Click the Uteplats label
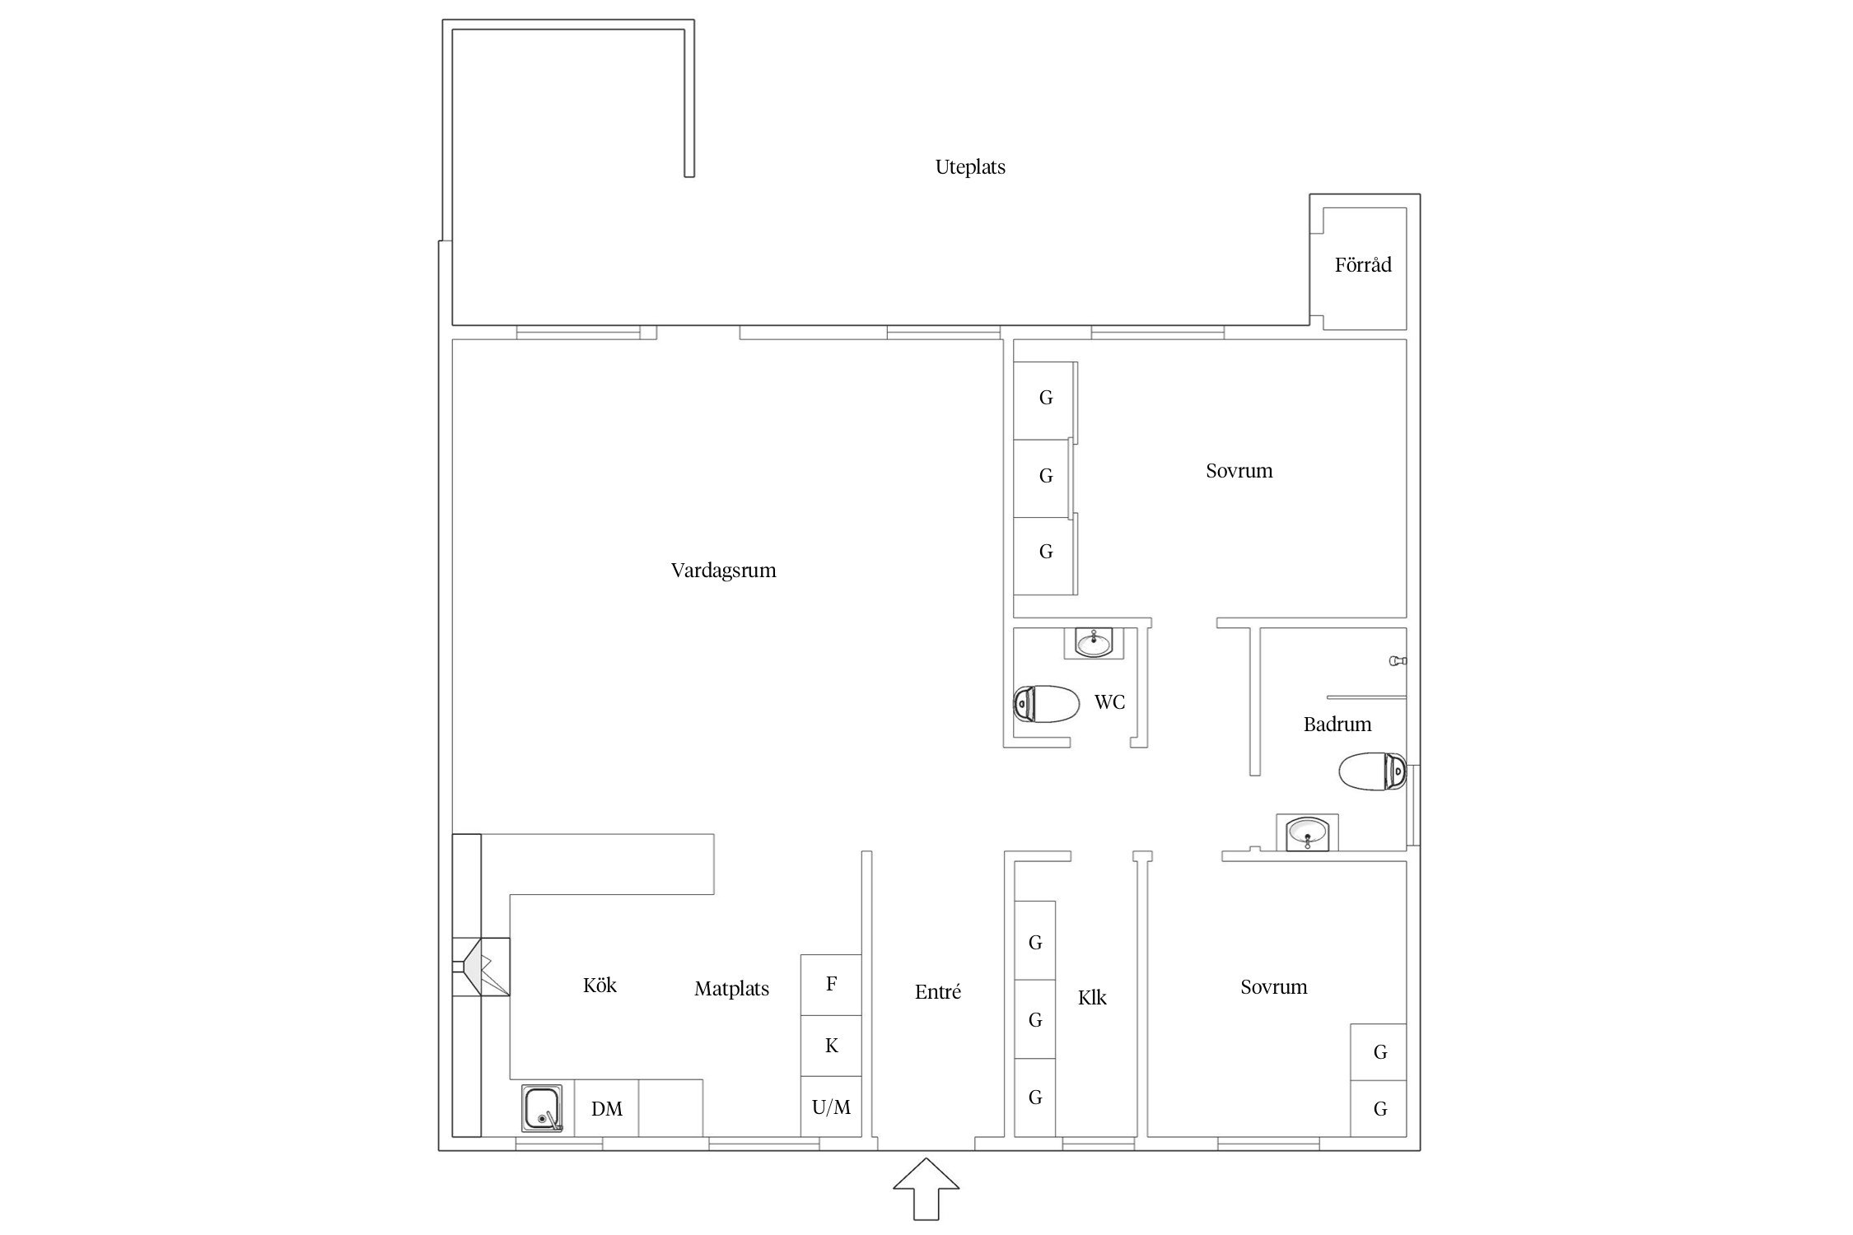click(x=970, y=167)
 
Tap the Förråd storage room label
click(x=1363, y=264)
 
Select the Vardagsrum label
click(x=723, y=571)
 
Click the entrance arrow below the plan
click(x=926, y=1189)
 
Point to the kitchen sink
click(x=542, y=1108)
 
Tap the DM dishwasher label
click(x=607, y=1109)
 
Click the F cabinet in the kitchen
click(x=831, y=985)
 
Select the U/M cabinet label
click(x=831, y=1107)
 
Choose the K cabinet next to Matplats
click(x=831, y=1046)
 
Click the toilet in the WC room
click(x=1046, y=704)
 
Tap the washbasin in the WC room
click(x=1095, y=642)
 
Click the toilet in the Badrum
click(x=1372, y=771)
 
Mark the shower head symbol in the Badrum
click(x=1398, y=660)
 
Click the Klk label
click(x=1092, y=998)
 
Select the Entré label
click(x=938, y=992)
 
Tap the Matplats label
click(x=731, y=989)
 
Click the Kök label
click(x=600, y=985)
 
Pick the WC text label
click(x=1109, y=702)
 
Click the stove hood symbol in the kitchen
click(x=481, y=967)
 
